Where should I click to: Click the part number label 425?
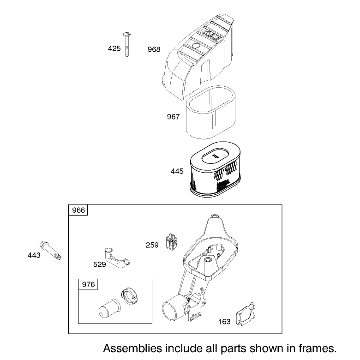pyautogui.click(x=114, y=48)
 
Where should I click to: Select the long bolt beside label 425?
pyautogui.click(x=127, y=44)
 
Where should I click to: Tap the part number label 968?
pyautogui.click(x=154, y=49)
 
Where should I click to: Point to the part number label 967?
pyautogui.click(x=173, y=117)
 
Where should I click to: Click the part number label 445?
pyautogui.click(x=177, y=171)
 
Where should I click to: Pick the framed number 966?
pyautogui.click(x=78, y=210)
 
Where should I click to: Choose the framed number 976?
pyautogui.click(x=89, y=284)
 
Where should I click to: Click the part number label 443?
pyautogui.click(x=34, y=255)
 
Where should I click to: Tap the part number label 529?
pyautogui.click(x=100, y=264)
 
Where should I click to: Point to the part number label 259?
pyautogui.click(x=152, y=245)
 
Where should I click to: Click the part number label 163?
pyautogui.click(x=224, y=322)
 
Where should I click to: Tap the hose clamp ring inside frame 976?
pyautogui.click(x=129, y=296)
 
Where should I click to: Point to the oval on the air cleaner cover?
pyautogui.click(x=196, y=46)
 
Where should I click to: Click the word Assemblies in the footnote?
pyautogui.click(x=133, y=348)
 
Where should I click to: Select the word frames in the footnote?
pyautogui.click(x=318, y=348)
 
